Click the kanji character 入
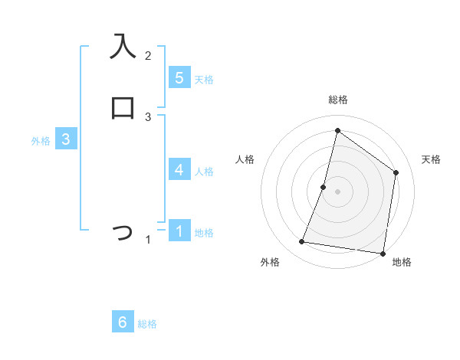[123, 47]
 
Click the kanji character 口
[123, 108]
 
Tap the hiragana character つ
[123, 231]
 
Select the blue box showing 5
[179, 78]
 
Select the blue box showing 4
[179, 169]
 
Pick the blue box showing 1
[179, 231]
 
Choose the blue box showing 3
[66, 139]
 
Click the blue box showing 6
[123, 322]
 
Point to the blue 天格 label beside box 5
[204, 80]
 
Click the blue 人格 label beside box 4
[204, 172]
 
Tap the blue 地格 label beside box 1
[204, 233]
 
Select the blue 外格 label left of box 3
[41, 141]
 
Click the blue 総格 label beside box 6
[147, 325]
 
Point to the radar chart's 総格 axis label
[337, 100]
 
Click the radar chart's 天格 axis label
[431, 159]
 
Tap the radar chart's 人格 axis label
[245, 159]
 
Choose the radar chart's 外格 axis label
[270, 262]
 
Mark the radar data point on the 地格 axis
[383, 253]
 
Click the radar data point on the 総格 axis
[337, 130]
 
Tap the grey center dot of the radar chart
[337, 191]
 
